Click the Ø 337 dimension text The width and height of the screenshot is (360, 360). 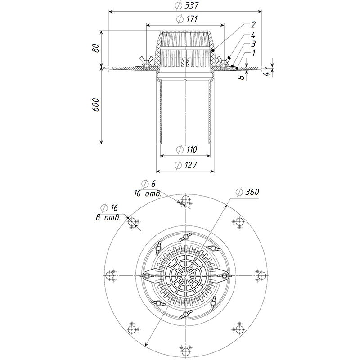(x=185, y=5)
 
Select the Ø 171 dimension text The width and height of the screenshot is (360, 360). (x=185, y=19)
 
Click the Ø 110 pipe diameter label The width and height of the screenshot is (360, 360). (x=185, y=149)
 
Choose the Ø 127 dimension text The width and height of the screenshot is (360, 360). (x=185, y=165)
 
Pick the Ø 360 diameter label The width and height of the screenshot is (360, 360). (x=247, y=192)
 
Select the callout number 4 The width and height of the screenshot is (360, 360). (x=254, y=35)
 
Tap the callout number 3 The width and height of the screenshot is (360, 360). (x=254, y=44)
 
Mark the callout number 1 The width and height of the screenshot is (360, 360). (x=254, y=53)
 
